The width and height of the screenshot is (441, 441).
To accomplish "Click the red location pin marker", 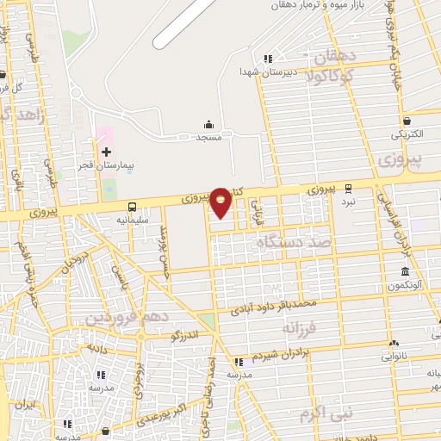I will coord(221,202).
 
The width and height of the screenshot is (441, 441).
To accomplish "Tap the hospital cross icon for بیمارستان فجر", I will coord(106,152).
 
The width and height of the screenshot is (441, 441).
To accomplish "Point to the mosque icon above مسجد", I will coord(208,125).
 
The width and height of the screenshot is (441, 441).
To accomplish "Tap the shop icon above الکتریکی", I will coord(406,121).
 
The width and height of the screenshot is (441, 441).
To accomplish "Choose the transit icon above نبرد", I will coord(349,188).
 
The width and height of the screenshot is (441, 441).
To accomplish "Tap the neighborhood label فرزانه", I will coord(324,327).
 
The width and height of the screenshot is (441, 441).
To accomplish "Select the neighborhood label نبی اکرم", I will coord(326,414).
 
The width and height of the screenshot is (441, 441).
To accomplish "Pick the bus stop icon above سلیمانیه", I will coord(132,207).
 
